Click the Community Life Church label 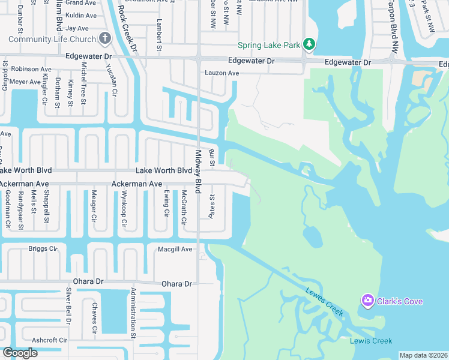pyautogui.click(x=52, y=39)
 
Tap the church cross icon pyautogui.click(x=105, y=39)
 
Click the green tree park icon pyautogui.click(x=309, y=44)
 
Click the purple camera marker pyautogui.click(x=367, y=300)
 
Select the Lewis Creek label pyautogui.click(x=371, y=341)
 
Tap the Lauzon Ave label pyautogui.click(x=222, y=73)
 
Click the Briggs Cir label pyautogui.click(x=43, y=248)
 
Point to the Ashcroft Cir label pyautogui.click(x=50, y=340)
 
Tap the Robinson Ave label pyautogui.click(x=31, y=70)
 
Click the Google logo pyautogui.click(x=20, y=353)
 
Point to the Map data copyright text pyautogui.click(x=423, y=355)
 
